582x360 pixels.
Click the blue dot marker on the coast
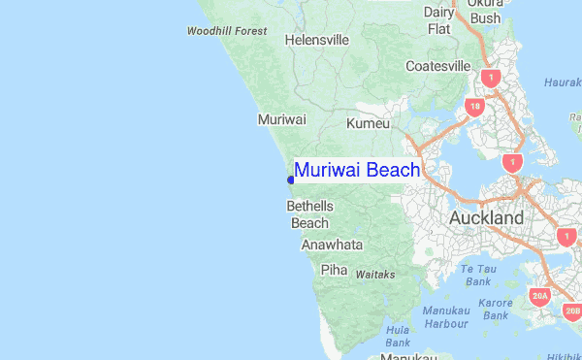click(x=290, y=179)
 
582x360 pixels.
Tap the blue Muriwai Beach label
click(x=357, y=171)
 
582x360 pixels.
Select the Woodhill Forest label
click(x=227, y=32)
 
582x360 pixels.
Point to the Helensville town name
click(x=316, y=41)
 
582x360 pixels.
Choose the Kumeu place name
click(x=368, y=124)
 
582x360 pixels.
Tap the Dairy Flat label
click(x=439, y=20)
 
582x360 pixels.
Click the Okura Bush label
click(x=485, y=10)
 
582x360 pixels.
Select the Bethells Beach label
click(x=310, y=214)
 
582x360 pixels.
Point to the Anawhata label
click(x=332, y=245)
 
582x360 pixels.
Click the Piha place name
click(x=334, y=270)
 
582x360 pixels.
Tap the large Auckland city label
click(x=486, y=218)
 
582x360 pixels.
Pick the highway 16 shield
click(x=474, y=107)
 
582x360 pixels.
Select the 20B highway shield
click(x=572, y=311)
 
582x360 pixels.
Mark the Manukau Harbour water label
click(x=446, y=316)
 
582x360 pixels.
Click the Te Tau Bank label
click(x=478, y=275)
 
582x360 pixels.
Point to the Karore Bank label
click(x=496, y=309)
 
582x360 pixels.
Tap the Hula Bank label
click(x=398, y=336)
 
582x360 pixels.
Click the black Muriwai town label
click(x=281, y=119)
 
